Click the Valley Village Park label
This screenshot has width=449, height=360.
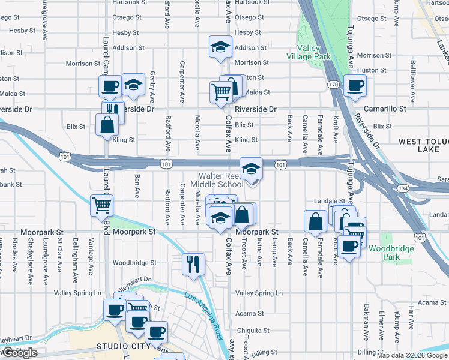click(313, 52)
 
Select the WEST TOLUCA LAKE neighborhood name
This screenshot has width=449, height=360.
click(423, 145)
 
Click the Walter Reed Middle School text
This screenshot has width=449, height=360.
click(217, 180)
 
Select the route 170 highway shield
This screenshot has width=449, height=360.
click(333, 85)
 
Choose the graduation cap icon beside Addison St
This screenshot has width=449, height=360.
click(220, 46)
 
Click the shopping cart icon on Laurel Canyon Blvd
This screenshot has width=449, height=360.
click(102, 205)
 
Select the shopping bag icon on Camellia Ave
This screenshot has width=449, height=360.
click(315, 221)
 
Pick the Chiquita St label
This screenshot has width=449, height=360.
click(253, 331)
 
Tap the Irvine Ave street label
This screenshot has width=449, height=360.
click(259, 253)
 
